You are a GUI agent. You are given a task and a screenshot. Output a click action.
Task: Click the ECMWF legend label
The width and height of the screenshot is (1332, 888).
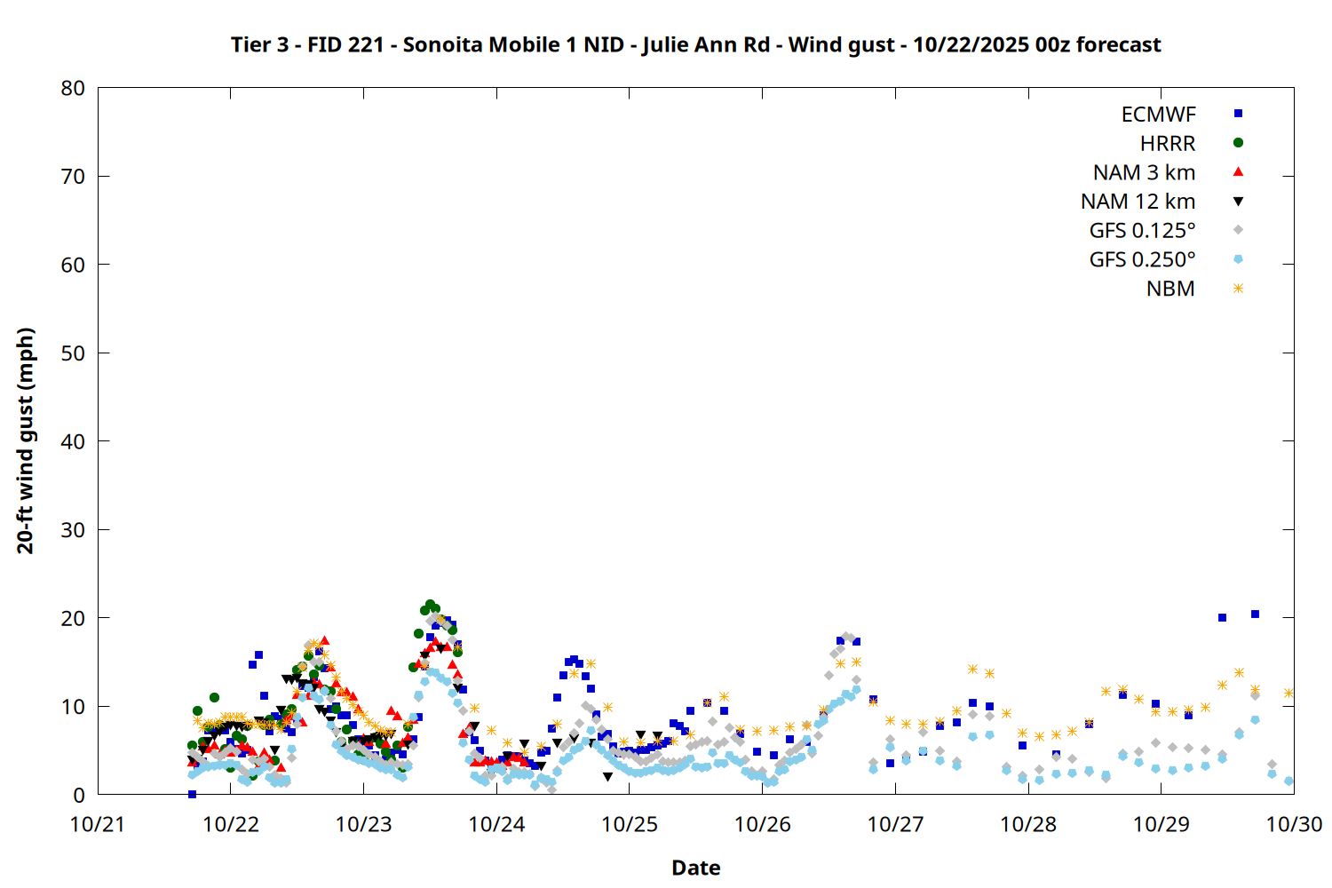(1158, 115)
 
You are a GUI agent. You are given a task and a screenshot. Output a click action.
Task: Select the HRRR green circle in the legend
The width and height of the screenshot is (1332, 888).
(1238, 143)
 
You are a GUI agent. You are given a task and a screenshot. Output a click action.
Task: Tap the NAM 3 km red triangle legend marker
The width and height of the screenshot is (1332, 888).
(1238, 172)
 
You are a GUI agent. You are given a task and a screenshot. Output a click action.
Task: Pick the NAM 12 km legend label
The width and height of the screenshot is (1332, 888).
(1138, 202)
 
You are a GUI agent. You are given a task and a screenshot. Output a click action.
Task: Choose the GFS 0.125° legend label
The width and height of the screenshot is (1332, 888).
(1142, 231)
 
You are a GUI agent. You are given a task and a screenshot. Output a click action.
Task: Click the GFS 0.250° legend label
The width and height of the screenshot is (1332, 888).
(1142, 260)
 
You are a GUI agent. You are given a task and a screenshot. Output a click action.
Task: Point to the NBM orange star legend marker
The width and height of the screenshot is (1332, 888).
(1238, 289)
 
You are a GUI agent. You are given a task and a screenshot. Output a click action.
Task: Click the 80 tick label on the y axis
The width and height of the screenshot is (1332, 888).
(73, 89)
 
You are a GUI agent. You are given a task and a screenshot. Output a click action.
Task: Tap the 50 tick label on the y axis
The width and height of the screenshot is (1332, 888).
(73, 353)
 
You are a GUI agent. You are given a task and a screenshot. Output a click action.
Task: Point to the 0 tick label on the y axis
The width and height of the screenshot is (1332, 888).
(79, 796)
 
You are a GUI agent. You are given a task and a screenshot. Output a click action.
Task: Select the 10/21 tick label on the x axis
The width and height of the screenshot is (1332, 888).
(98, 825)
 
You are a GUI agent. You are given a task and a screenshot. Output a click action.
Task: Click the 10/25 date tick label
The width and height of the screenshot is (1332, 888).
(630, 825)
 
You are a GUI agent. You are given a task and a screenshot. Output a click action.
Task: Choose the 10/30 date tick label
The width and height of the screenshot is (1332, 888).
(1293, 825)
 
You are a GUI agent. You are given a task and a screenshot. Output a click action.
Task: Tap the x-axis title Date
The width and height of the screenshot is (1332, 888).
(695, 868)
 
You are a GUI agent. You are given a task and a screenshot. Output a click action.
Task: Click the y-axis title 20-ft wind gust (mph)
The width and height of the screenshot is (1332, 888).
(26, 440)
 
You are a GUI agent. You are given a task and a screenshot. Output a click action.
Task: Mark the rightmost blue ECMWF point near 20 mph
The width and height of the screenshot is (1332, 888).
(1255, 614)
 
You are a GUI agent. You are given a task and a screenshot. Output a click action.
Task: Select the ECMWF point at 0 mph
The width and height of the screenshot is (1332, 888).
(192, 794)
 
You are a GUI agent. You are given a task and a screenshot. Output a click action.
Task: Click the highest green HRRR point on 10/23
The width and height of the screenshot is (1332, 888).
(430, 605)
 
